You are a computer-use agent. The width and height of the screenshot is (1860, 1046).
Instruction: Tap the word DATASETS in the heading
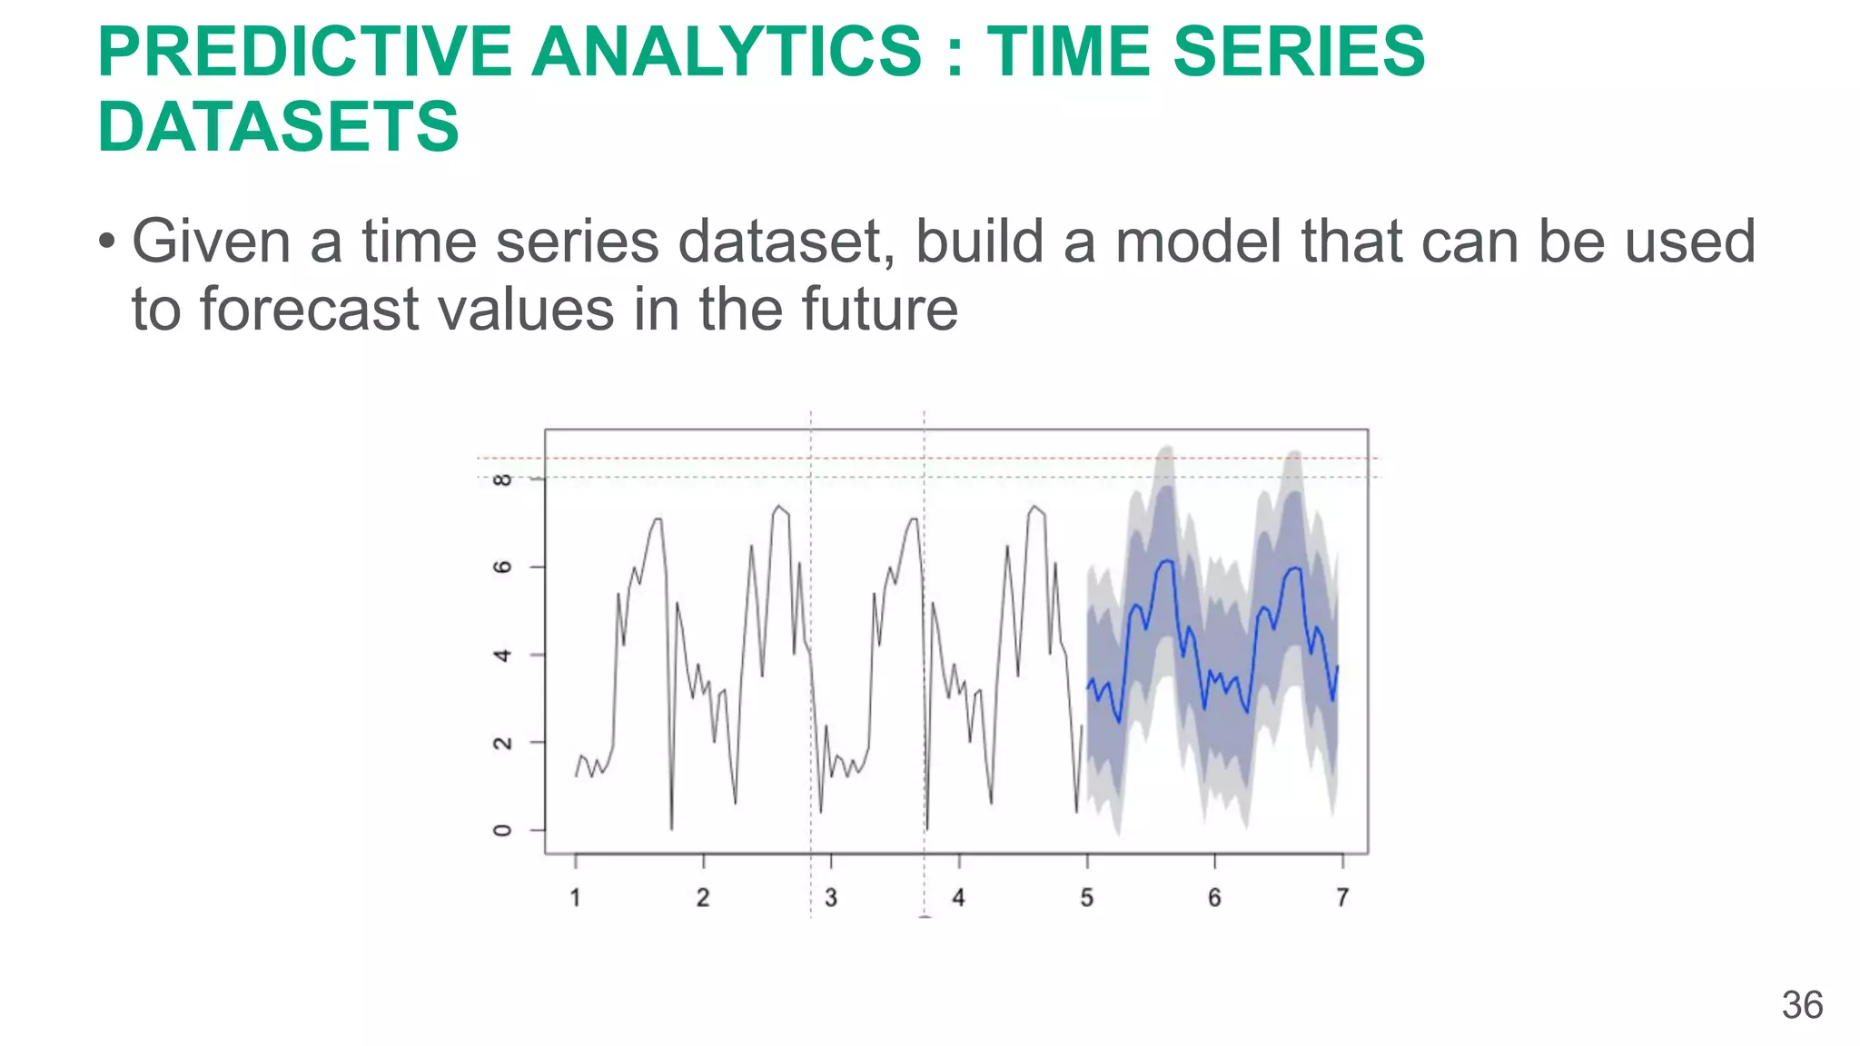[278, 126]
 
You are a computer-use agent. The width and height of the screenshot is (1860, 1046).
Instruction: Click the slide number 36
[1802, 1005]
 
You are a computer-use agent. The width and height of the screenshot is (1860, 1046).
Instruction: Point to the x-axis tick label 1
[575, 898]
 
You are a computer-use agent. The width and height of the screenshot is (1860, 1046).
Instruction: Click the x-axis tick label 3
[830, 898]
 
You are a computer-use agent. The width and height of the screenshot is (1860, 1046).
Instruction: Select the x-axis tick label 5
[1086, 898]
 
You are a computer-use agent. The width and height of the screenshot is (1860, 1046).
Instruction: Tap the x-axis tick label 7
[1342, 898]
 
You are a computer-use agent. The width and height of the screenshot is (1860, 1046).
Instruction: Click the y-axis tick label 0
[502, 830]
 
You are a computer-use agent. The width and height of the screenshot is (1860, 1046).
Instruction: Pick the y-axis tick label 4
[502, 655]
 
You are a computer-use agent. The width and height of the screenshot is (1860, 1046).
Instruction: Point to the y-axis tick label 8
[502, 479]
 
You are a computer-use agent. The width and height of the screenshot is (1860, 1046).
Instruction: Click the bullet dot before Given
[107, 242]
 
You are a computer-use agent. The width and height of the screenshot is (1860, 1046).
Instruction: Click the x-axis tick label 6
[1214, 898]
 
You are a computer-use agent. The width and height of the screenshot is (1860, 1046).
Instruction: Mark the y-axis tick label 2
[502, 743]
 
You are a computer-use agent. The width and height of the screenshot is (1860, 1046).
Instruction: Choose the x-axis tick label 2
[703, 898]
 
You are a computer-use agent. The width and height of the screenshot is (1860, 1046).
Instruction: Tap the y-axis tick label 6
[502, 567]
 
